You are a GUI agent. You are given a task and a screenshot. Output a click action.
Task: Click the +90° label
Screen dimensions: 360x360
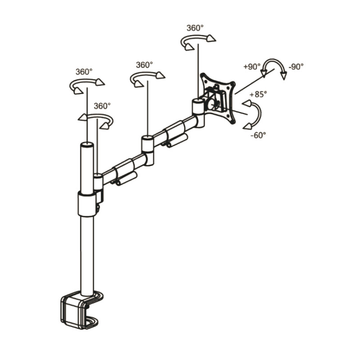[252, 67]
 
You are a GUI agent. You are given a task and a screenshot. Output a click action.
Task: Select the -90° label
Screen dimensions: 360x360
[296, 67]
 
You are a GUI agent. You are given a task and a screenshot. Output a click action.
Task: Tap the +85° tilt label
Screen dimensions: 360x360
[258, 94]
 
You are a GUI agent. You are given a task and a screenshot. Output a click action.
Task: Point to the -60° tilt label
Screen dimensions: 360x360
[258, 135]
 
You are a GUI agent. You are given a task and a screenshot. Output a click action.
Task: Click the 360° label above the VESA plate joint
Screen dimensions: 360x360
[195, 28]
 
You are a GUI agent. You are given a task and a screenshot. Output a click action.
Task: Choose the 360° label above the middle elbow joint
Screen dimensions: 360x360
[144, 65]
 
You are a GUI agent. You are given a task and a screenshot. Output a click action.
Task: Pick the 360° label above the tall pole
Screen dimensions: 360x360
[84, 72]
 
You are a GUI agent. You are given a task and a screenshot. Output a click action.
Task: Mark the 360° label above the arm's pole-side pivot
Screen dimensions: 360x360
[102, 106]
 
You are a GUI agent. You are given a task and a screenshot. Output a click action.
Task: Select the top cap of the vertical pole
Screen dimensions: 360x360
[87, 145]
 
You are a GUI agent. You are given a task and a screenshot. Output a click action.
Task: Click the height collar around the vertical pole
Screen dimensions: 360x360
[87, 204]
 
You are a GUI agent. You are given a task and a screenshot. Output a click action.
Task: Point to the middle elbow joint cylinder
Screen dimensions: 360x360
[148, 150]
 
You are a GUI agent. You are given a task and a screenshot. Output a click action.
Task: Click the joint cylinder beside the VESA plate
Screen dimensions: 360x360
[198, 112]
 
